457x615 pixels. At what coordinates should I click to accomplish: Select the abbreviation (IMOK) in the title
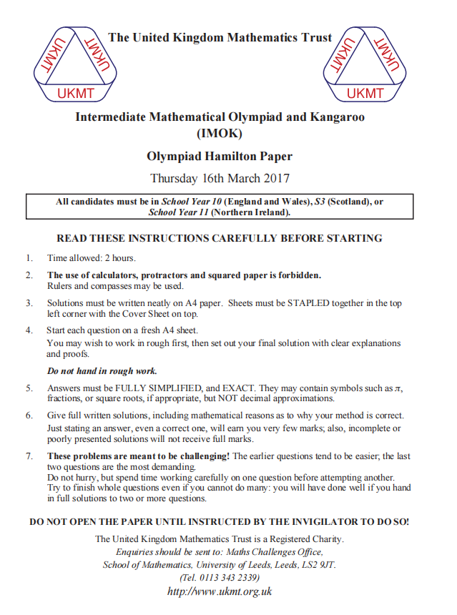coord(220,133)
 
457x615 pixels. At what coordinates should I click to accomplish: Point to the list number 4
coord(29,330)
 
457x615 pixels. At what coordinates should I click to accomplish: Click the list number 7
coord(29,456)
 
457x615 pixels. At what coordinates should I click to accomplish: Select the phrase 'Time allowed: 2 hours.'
coord(92,258)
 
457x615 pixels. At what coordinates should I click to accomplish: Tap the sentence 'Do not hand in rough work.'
coord(102,371)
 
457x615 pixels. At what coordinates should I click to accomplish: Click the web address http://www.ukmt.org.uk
coord(220,591)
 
